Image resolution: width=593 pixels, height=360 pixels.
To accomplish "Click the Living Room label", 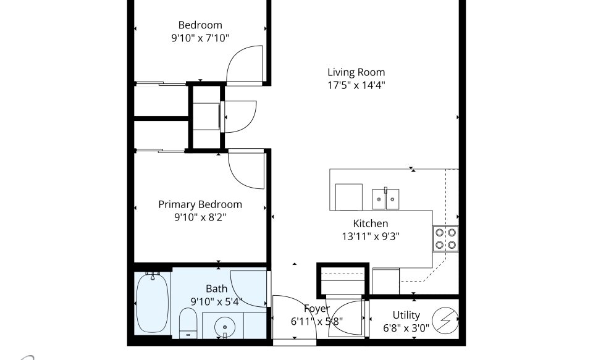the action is click(x=356, y=72).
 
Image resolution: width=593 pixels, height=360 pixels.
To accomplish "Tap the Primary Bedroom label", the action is click(x=200, y=204).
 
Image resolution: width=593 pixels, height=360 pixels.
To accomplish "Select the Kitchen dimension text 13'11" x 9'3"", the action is click(x=371, y=237).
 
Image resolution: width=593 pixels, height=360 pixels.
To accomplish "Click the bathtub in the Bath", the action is click(x=152, y=303).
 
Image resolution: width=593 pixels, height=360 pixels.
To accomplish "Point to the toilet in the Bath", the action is click(x=188, y=324).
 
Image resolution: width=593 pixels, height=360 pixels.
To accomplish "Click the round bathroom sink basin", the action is click(x=225, y=327).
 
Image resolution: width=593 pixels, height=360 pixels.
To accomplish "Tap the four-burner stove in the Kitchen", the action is click(x=445, y=238).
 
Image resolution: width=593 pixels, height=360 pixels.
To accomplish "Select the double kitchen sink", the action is click(x=385, y=199).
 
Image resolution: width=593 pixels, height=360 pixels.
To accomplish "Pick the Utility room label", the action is click(x=406, y=315).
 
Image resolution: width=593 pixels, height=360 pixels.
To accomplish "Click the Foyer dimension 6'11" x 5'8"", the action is click(x=316, y=322).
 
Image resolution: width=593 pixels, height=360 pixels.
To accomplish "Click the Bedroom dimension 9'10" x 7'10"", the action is click(x=200, y=38).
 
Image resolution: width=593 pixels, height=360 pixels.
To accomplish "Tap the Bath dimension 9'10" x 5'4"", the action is click(x=216, y=301).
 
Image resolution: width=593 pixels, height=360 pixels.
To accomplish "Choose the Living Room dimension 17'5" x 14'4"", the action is click(x=356, y=85).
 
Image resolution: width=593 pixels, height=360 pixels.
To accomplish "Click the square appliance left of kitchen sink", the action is click(x=348, y=197).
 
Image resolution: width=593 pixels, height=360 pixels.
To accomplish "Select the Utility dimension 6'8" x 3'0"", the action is click(x=406, y=328).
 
